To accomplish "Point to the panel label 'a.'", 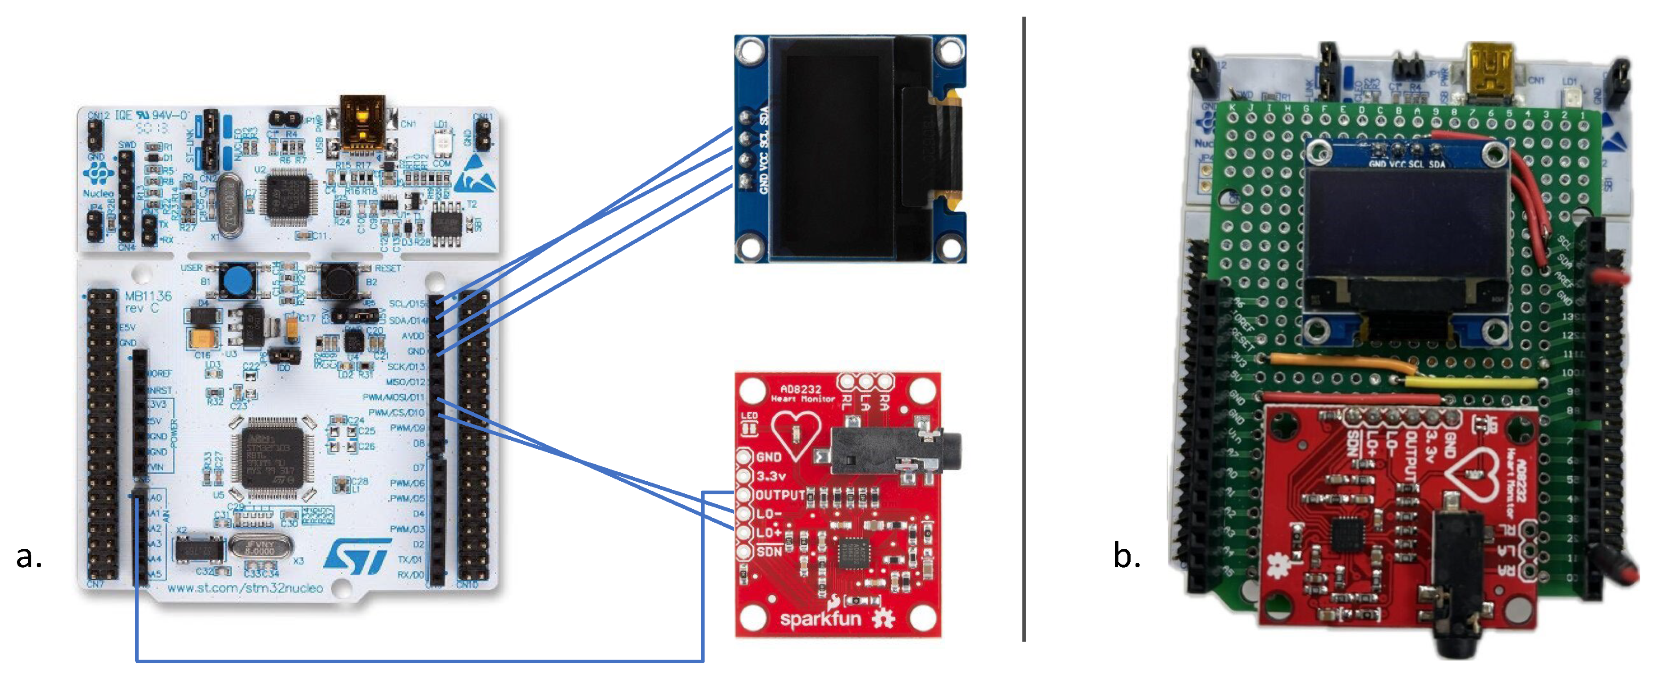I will click(29, 556).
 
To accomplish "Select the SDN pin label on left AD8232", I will click(769, 552).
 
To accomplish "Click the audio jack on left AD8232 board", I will click(895, 451).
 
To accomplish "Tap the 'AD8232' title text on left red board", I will click(800, 389).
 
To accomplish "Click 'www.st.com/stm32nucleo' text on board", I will click(245, 588).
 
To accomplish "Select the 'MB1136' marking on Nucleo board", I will click(148, 296).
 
